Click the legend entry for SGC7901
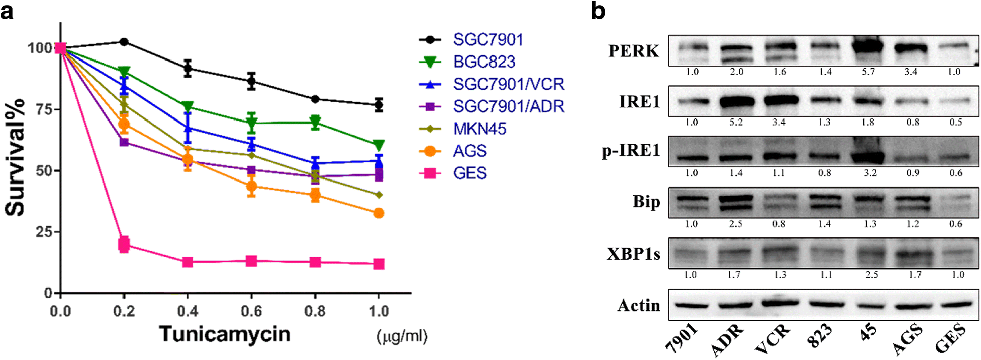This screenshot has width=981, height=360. pyautogui.click(x=487, y=40)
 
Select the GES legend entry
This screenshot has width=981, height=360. pyautogui.click(x=469, y=173)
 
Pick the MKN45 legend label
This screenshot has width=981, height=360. pyautogui.click(x=479, y=129)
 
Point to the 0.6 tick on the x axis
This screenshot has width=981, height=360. pyautogui.click(x=251, y=311)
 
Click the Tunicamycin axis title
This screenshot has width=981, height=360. pyautogui.click(x=225, y=334)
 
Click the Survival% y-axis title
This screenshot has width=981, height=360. pyautogui.click(x=15, y=157)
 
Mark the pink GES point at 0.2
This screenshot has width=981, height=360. pyautogui.click(x=124, y=245)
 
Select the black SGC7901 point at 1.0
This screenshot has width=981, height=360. pyautogui.click(x=379, y=105)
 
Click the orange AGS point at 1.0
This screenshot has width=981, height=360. pyautogui.click(x=379, y=213)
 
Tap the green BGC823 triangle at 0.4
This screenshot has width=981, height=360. pyautogui.click(x=188, y=107)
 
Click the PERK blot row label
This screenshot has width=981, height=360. pyautogui.click(x=634, y=51)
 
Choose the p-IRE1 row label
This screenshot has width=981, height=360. pyautogui.click(x=631, y=151)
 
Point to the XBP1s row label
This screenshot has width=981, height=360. pyautogui.click(x=634, y=254)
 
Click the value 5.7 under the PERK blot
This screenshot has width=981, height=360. pyautogui.click(x=868, y=72)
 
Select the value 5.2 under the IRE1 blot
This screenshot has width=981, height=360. pyautogui.click(x=736, y=123)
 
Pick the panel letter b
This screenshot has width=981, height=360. pyautogui.click(x=598, y=11)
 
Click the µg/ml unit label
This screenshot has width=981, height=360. pyautogui.click(x=402, y=336)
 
